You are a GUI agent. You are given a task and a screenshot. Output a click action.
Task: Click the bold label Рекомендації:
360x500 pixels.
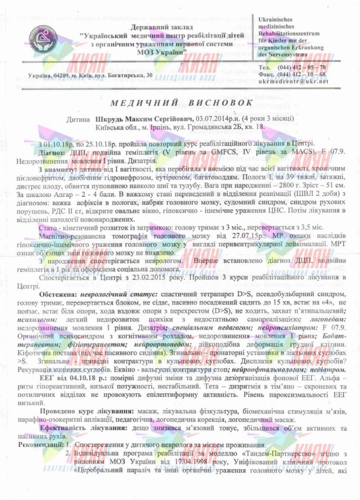point(40,445)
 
